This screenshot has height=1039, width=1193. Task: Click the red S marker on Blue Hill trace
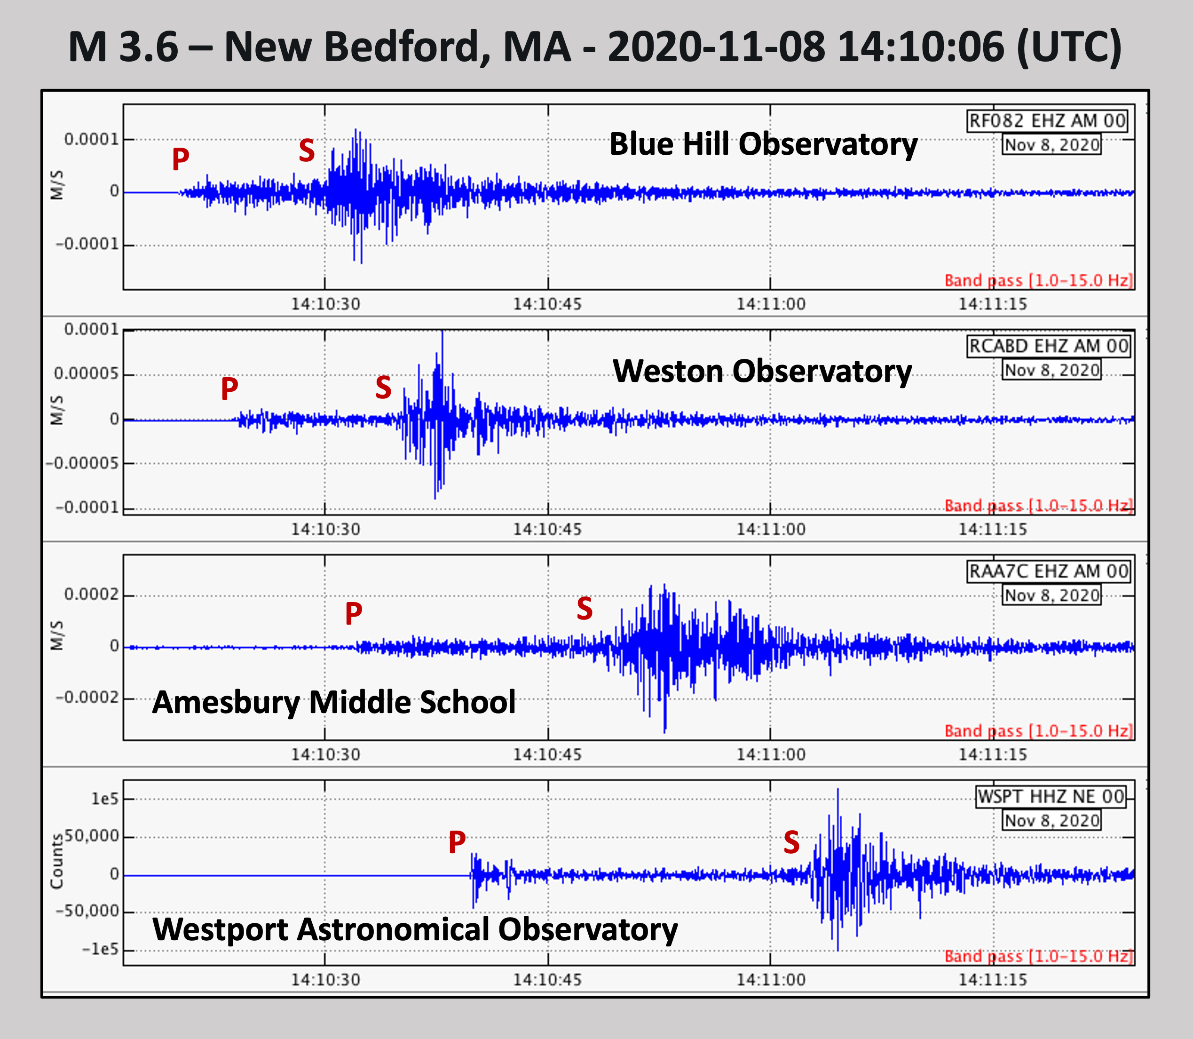point(307,151)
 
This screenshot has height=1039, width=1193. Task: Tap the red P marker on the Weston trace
point(229,389)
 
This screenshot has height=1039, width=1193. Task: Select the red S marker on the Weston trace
point(383,387)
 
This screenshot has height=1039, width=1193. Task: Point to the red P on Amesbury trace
point(354,613)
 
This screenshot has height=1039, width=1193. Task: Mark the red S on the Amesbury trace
point(585,609)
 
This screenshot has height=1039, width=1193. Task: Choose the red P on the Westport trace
point(457,842)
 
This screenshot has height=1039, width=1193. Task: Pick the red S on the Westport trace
point(791,842)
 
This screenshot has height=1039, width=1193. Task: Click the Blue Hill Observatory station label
point(763,144)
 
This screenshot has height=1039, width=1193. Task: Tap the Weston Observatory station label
point(762,371)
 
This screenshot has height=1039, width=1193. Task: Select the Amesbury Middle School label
point(333,702)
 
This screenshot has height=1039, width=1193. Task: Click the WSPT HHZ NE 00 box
point(1051,797)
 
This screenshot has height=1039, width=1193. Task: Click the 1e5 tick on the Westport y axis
point(104,799)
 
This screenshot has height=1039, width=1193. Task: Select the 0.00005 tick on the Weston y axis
point(86,374)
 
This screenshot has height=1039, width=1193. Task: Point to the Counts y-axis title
point(56,861)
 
